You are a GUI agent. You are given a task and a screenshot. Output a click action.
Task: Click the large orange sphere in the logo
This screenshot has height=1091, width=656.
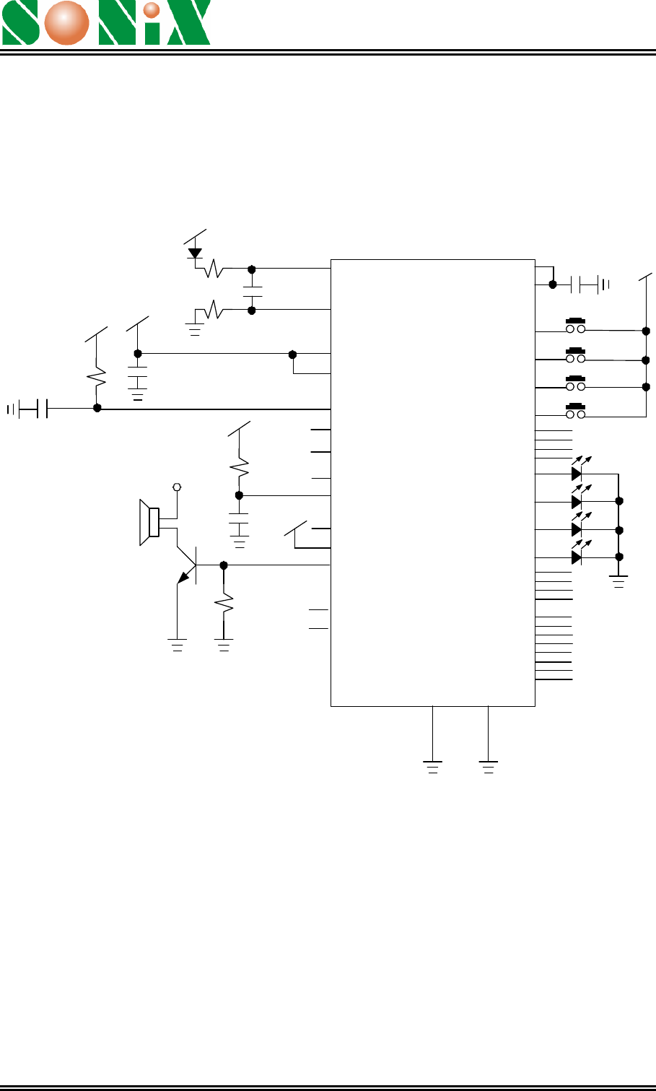pos(66,23)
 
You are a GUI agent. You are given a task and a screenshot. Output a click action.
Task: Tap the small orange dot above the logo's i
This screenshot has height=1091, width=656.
pos(152,10)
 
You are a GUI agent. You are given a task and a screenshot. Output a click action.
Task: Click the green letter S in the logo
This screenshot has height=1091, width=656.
pos(20,23)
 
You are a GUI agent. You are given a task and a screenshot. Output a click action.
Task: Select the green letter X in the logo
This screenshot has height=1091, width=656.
pos(189,23)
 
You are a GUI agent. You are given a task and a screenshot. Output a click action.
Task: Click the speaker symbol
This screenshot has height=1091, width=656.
pos(149,522)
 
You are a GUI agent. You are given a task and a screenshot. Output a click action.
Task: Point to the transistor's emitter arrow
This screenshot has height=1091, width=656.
pos(183,578)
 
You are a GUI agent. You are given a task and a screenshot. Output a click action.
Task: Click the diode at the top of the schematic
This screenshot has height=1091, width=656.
pos(195,253)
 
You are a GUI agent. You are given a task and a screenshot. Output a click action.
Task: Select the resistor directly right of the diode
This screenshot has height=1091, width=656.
pos(213,269)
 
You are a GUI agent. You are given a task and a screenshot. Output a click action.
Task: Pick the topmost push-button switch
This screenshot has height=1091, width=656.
pos(575,326)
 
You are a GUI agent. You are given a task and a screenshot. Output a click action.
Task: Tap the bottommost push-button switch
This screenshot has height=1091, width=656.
pos(575,411)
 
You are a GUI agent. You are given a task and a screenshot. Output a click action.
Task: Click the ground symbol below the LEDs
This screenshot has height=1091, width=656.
pos(618,581)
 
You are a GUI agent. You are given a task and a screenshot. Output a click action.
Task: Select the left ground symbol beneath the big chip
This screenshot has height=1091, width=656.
pos(432,767)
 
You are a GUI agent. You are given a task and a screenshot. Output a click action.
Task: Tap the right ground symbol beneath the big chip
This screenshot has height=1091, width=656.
pos(488,767)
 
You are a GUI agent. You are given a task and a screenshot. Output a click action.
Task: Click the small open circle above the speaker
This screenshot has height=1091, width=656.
pos(177,487)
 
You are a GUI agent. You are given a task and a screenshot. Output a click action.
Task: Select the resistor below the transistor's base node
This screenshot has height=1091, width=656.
pos(224,603)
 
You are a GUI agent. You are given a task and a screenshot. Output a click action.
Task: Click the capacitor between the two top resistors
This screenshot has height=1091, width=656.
pos(252,291)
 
